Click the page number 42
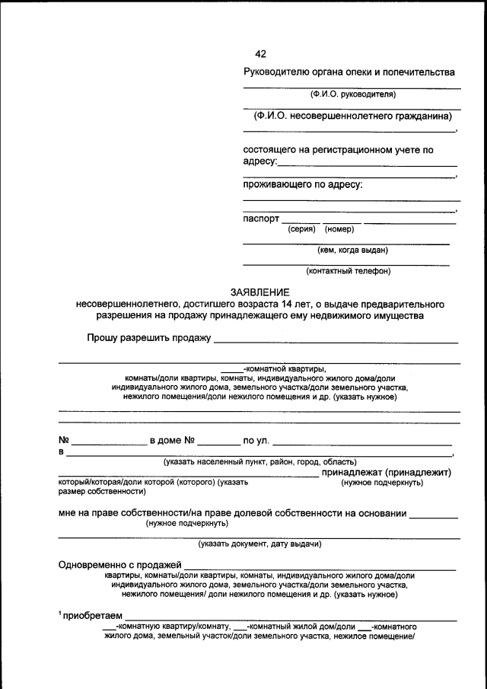pos(260,53)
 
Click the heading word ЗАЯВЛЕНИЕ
pos(260,292)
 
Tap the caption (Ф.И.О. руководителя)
pos(352,94)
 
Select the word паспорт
pos(261,219)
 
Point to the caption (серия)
pos(302,229)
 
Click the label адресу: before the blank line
pos(260,161)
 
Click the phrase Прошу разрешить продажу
pos(148,338)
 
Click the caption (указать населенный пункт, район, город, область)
pos(259,462)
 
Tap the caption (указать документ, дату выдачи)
pos(259,544)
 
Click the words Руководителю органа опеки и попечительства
pos(349,72)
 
